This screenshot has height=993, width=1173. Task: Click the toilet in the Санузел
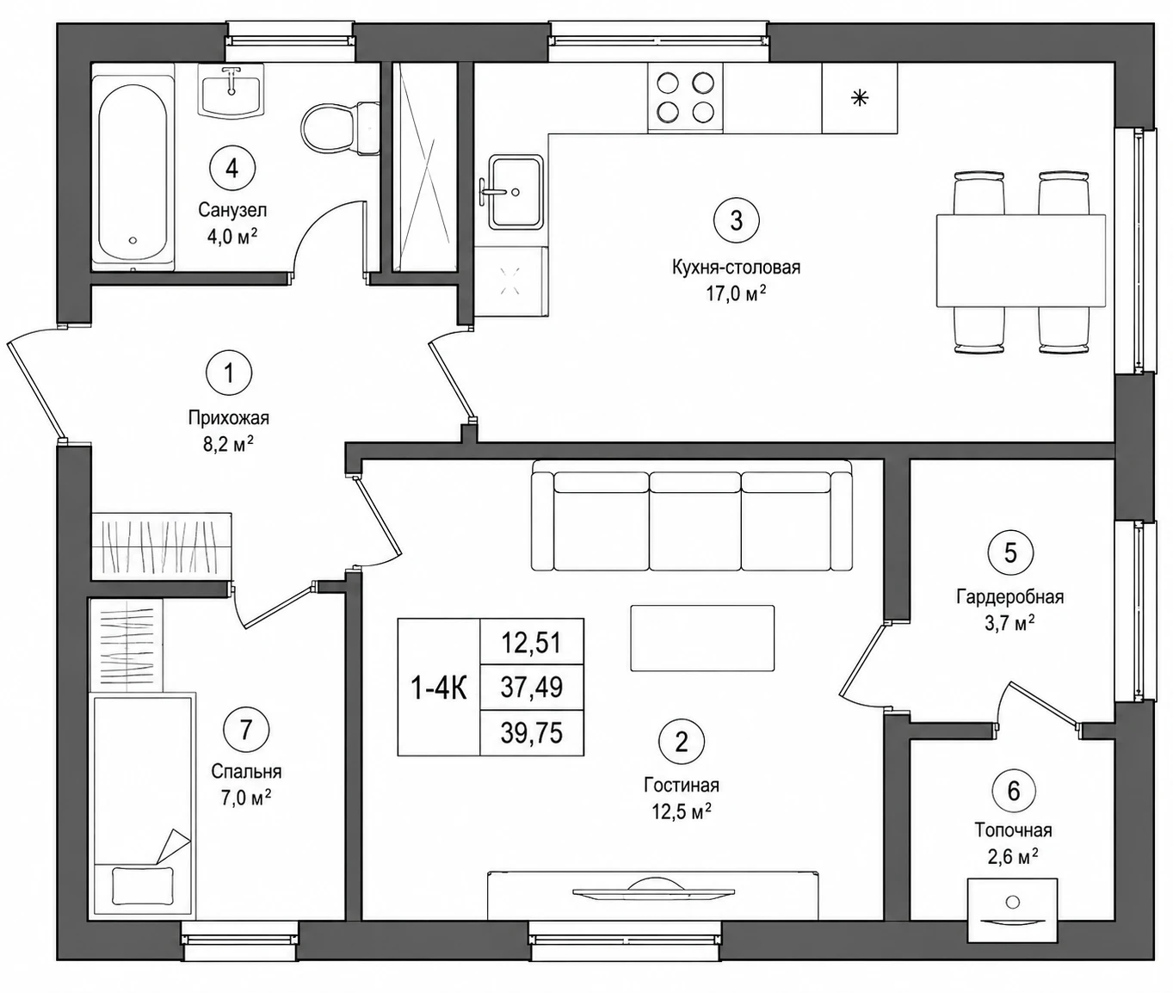tap(339, 127)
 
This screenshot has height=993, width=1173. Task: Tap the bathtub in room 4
tap(133, 174)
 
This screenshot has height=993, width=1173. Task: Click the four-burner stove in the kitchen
tap(685, 98)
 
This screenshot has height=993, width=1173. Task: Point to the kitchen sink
tap(516, 192)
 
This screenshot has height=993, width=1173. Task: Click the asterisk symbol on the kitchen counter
tap(860, 99)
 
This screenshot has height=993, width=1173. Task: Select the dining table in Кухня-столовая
tap(1021, 261)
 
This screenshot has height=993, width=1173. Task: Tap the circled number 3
tap(736, 220)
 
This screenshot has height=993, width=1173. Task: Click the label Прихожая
tap(228, 419)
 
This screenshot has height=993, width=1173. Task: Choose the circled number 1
tap(229, 373)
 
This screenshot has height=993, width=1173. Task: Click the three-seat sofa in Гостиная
tap(692, 515)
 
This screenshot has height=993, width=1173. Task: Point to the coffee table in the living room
tap(702, 638)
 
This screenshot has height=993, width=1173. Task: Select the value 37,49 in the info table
tap(531, 688)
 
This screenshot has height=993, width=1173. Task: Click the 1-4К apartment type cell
tap(439, 688)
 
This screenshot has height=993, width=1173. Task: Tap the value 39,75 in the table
tap(531, 733)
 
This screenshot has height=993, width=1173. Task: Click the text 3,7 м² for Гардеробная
tap(1010, 624)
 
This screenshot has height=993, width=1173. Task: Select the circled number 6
tap(1013, 792)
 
